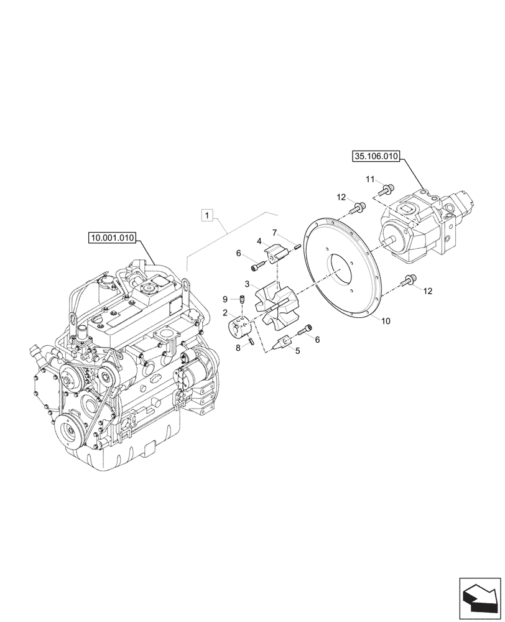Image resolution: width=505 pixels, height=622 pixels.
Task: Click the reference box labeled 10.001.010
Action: (115, 237)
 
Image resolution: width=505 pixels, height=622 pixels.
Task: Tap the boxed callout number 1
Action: (208, 216)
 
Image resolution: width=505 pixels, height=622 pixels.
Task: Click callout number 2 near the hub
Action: (224, 315)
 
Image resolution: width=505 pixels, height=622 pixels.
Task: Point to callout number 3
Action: (247, 285)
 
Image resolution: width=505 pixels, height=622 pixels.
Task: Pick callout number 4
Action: (259, 241)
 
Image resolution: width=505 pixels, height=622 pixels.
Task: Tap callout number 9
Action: (225, 298)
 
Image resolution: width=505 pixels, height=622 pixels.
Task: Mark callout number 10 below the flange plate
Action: (386, 321)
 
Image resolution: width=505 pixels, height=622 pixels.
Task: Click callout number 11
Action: (369, 179)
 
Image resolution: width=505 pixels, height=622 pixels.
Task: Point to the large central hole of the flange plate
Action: (340, 270)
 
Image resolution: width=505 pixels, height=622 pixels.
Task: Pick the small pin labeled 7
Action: (298, 247)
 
